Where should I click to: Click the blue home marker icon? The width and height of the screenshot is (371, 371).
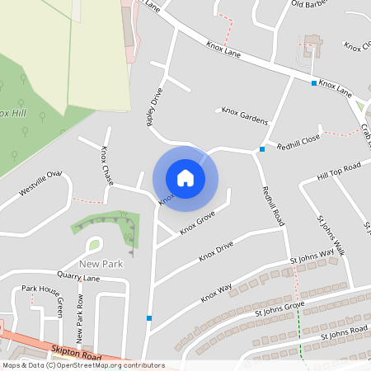tap(185, 177)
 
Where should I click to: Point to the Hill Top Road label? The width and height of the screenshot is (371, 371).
tap(340, 173)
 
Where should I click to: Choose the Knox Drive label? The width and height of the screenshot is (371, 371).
tap(216, 252)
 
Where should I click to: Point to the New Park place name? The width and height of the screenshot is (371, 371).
tap(101, 264)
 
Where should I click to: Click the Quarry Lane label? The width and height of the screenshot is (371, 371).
tap(78, 278)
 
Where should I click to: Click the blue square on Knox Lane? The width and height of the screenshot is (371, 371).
tap(314, 83)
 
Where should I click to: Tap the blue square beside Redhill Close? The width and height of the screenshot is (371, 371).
tap(262, 149)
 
